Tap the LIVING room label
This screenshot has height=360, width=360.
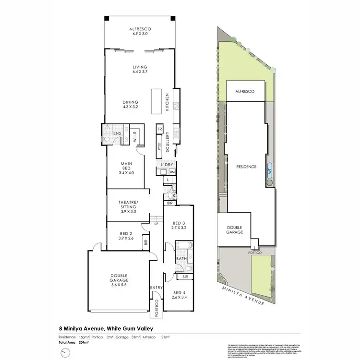point(140,69)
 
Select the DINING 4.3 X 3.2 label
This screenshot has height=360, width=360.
point(130,104)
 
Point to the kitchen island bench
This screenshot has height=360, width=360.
point(156,101)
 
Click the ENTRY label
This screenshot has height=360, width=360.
point(156,288)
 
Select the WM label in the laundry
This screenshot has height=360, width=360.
point(172,171)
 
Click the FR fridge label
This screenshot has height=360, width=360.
point(160,130)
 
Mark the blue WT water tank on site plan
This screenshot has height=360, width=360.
point(270,170)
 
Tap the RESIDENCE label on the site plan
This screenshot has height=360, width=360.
point(246,167)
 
